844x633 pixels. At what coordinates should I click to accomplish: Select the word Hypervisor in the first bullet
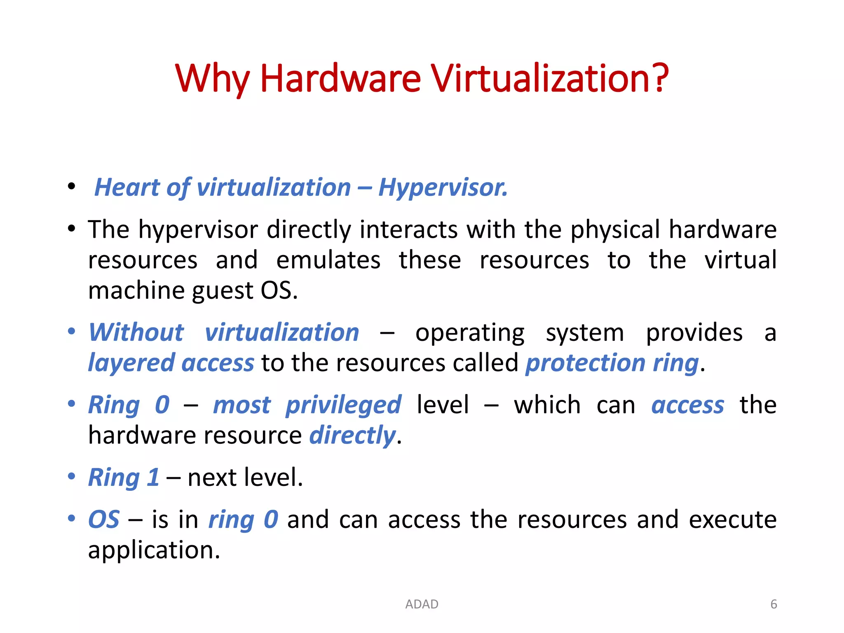point(442,188)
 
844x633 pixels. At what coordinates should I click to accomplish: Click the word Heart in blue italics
point(127,188)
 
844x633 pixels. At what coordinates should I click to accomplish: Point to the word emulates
point(328,260)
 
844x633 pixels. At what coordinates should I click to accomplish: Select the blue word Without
point(136,333)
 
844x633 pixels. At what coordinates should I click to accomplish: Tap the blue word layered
point(131,363)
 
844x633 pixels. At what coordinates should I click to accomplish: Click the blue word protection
point(585,363)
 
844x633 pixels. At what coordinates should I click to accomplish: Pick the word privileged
point(343,405)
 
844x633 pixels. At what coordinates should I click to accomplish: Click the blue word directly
point(352,436)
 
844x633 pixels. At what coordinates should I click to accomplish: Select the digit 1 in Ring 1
point(153,478)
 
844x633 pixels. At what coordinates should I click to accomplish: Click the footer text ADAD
point(422,604)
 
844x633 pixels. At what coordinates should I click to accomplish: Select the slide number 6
point(774,604)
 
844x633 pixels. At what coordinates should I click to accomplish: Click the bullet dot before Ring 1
point(72,476)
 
